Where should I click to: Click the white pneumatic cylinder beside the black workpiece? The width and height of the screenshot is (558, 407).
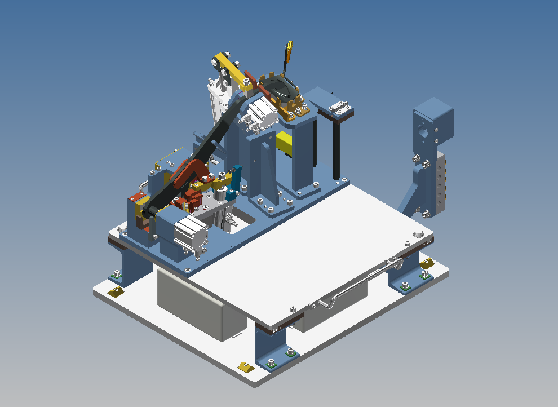pyautogui.click(x=261, y=115)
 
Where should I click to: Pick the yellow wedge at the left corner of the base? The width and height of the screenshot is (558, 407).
pyautogui.click(x=116, y=291)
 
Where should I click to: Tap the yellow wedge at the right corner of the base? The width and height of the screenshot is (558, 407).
pyautogui.click(x=427, y=263)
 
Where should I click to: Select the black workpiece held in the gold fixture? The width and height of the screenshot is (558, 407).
pyautogui.click(x=280, y=90)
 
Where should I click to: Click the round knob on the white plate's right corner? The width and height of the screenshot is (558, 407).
pyautogui.click(x=418, y=233)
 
